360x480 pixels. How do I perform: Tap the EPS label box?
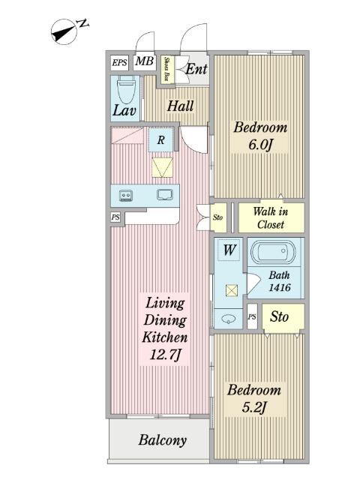pyautogui.click(x=119, y=63)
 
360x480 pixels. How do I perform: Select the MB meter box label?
pyautogui.click(x=145, y=61)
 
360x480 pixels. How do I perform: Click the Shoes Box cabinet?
pyautogui.click(x=167, y=69)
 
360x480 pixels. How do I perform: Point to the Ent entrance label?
pyautogui.click(x=196, y=69)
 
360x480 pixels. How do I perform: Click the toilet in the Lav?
pyautogui.click(x=126, y=90)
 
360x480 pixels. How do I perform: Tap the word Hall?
pyautogui.click(x=180, y=106)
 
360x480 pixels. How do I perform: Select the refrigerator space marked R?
pyautogui.click(x=161, y=140)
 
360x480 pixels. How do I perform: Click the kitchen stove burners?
pyautogui.click(x=126, y=195)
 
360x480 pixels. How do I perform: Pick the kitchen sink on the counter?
pyautogui.click(x=165, y=195)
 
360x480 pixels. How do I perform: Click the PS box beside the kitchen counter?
pyautogui.click(x=115, y=217)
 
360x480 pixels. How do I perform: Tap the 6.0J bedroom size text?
pyautogui.click(x=260, y=145)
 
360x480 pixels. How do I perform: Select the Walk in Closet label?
pyautogui.click(x=271, y=218)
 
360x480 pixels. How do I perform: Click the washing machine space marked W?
pyautogui.click(x=229, y=250)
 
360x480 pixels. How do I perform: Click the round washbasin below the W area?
pyautogui.click(x=228, y=319)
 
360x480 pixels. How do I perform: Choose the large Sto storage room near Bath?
pyautogui.click(x=283, y=318)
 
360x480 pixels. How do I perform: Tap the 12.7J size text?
pyautogui.click(x=166, y=355)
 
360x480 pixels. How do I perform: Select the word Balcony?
pyautogui.click(x=163, y=440)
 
